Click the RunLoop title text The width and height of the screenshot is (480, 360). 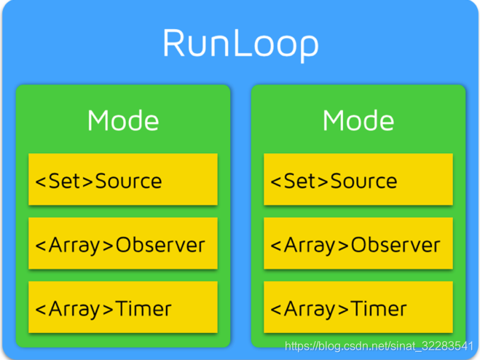tap(240, 43)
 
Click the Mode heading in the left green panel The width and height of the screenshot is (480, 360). tap(123, 120)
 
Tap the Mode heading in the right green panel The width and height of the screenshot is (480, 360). tap(358, 120)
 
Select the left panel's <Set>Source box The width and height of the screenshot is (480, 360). tap(123, 179)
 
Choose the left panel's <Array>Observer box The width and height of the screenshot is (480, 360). tap(123, 243)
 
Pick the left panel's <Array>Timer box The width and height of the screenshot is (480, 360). tap(123, 307)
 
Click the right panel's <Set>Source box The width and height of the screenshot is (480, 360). tap(358, 179)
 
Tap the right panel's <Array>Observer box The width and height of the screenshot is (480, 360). tap(358, 243)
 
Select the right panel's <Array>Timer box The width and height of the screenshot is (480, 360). tap(358, 307)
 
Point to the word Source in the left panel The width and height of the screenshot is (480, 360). tap(129, 180)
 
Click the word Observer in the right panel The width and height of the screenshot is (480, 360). tap(396, 244)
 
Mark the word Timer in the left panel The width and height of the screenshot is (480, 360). tap(143, 308)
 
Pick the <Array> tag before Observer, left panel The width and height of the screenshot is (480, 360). tap(75, 244)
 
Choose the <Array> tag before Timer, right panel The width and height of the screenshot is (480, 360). tap(310, 308)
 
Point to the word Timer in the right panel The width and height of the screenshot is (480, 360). tap(379, 308)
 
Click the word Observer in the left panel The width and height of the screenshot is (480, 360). tap(160, 244)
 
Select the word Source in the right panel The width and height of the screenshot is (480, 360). tap(364, 180)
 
